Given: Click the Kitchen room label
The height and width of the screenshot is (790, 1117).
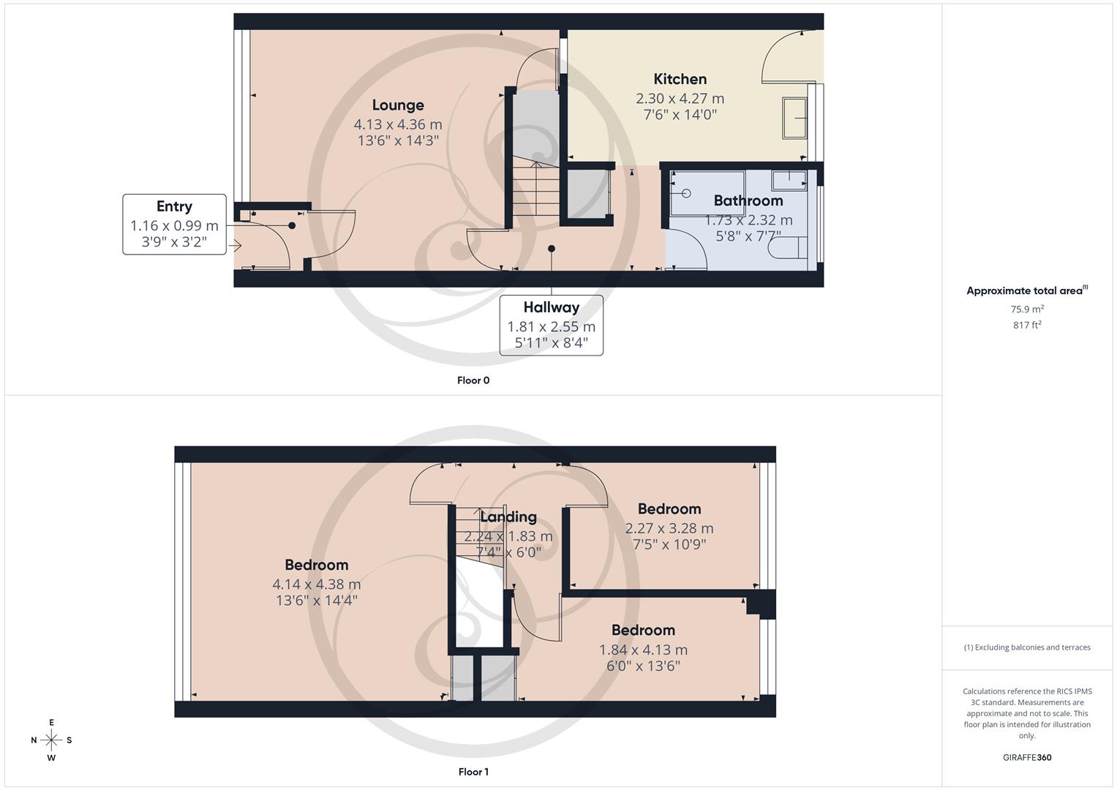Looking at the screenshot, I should [680, 79].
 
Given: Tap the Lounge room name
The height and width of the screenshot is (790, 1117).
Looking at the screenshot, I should [398, 105].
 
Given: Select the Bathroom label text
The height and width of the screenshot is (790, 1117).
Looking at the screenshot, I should [748, 200].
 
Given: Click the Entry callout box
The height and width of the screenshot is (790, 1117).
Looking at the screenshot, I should [174, 225].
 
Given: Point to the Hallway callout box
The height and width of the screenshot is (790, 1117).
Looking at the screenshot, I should [552, 326].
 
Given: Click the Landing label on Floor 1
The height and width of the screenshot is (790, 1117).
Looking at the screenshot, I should [508, 516].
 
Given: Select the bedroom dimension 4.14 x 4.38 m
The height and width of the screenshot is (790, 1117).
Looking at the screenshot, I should [316, 584].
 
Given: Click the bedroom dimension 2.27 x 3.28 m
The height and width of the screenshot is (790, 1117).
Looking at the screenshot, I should [669, 528].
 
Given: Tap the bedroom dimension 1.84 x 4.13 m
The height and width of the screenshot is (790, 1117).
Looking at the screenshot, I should [643, 650].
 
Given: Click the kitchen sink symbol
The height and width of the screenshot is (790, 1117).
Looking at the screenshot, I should [794, 118].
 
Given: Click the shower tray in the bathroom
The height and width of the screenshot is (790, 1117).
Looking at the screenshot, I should [707, 193].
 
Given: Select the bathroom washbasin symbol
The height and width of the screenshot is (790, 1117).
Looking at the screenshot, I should [789, 179].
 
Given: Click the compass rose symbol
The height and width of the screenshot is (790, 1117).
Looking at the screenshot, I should [51, 740].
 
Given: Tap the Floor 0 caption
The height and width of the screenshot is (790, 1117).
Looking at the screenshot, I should [473, 380].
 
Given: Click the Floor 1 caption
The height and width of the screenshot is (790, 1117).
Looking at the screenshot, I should [473, 772].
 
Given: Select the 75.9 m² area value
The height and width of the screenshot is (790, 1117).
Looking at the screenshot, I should [1027, 309].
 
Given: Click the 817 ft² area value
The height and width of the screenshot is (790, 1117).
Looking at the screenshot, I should [1027, 325].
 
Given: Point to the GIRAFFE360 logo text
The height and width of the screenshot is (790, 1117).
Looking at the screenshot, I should [1027, 758].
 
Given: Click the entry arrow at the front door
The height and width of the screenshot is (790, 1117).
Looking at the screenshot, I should [235, 246].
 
